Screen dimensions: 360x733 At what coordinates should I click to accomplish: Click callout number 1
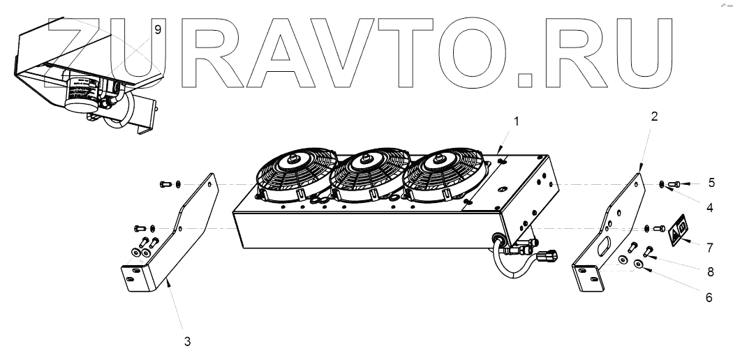[x=517, y=121]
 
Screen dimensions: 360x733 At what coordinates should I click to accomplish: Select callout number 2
[x=654, y=117]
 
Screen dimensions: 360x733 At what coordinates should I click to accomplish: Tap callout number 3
[x=186, y=341]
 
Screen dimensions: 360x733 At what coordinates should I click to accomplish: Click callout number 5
[x=711, y=183]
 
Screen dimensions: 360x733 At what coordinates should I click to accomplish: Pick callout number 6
[x=709, y=297]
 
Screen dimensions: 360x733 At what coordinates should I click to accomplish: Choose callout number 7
[x=710, y=248]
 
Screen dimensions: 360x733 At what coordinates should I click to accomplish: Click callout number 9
[x=158, y=29]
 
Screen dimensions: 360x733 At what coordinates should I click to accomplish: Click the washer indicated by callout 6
[x=639, y=265]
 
